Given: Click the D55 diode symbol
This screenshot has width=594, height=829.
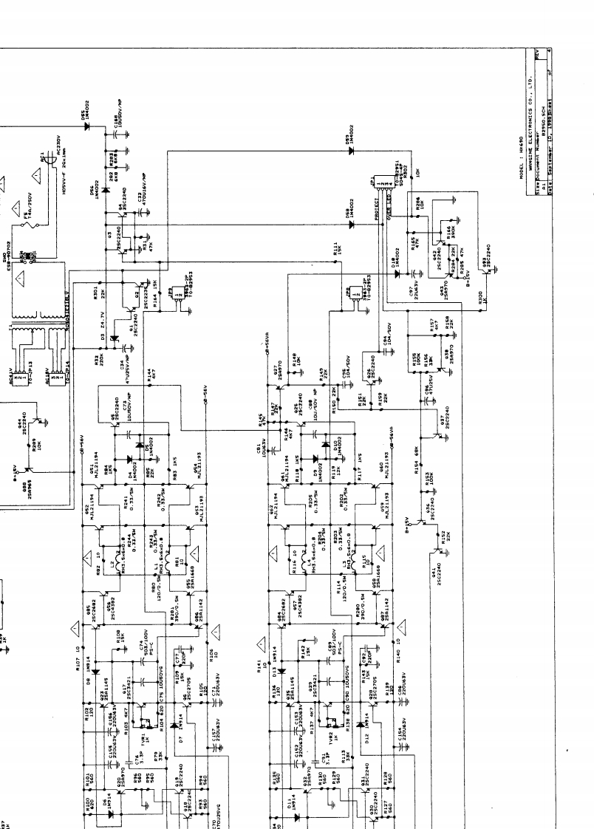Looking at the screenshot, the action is click(x=86, y=126).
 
